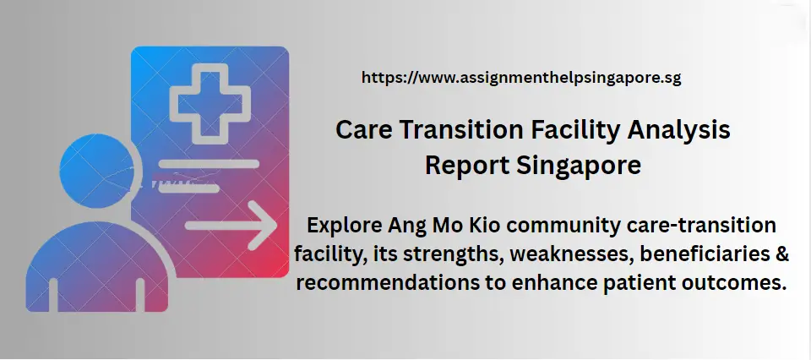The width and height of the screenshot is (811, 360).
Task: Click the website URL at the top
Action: coord(521,78)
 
